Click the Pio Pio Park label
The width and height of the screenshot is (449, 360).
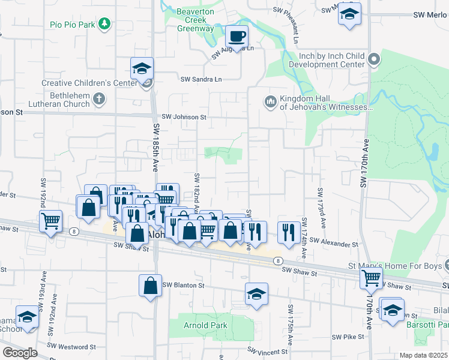(x=73, y=25)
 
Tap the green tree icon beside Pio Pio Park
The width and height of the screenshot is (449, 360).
(x=106, y=24)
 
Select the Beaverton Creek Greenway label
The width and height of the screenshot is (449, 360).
(x=194, y=20)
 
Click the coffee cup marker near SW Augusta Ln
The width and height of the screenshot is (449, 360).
(x=237, y=37)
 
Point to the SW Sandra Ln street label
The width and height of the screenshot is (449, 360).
(x=201, y=79)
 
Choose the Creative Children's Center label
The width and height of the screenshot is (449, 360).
(x=89, y=83)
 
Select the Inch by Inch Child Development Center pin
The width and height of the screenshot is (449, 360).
(x=374, y=59)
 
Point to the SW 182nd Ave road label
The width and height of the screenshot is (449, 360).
(x=196, y=189)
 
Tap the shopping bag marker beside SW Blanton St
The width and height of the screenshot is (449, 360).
(x=150, y=286)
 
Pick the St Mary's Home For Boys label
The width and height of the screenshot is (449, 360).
(x=393, y=265)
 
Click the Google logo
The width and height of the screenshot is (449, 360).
(x=20, y=353)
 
